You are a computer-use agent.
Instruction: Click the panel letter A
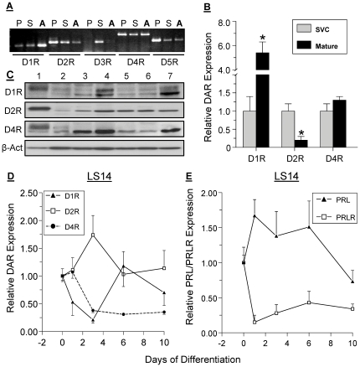point(6,7)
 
